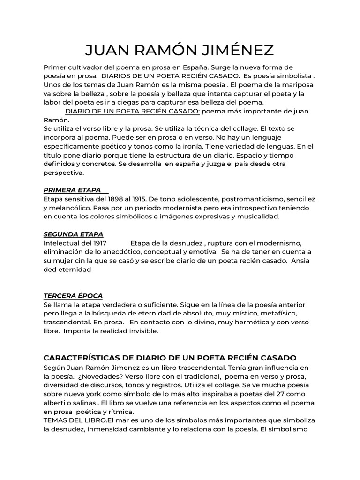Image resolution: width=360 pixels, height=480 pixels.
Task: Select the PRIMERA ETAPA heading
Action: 72,190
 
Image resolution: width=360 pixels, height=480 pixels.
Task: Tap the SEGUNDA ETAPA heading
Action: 73,234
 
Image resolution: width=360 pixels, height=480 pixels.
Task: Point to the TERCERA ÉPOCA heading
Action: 73,296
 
